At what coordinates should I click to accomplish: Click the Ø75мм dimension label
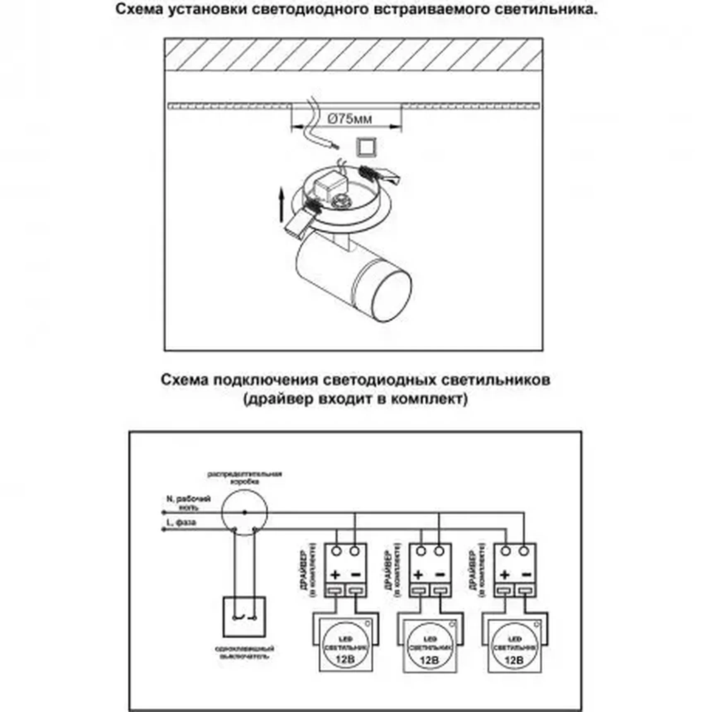click(349, 119)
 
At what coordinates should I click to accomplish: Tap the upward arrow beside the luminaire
click(281, 205)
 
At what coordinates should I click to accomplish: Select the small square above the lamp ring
click(366, 147)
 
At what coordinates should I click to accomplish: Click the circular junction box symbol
click(244, 512)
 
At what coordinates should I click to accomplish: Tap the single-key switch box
click(244, 617)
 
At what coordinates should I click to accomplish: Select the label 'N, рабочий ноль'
click(189, 503)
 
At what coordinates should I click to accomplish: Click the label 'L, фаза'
click(181, 523)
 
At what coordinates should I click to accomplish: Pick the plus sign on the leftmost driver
click(335, 575)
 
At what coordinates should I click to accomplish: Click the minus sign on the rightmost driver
click(527, 575)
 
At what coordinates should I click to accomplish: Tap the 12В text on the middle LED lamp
click(429, 660)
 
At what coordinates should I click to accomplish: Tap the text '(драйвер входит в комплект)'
click(355, 399)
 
